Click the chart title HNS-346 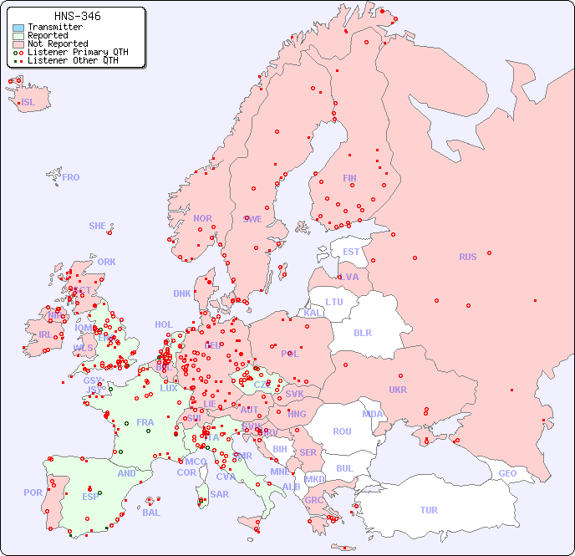tap(77, 16)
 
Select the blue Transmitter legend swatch tap(18, 28)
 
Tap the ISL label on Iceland tap(28, 103)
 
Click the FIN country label tap(349, 178)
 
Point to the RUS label tap(467, 257)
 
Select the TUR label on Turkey tap(429, 510)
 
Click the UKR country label tap(398, 390)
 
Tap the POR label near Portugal tap(33, 492)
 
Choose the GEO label tap(507, 473)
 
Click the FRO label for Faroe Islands tap(71, 177)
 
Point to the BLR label tap(362, 332)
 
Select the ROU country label tap(342, 431)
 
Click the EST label tap(351, 252)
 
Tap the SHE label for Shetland tap(98, 226)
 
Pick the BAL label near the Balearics tap(151, 513)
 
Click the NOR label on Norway tap(202, 218)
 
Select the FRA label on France tap(145, 422)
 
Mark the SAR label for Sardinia tap(220, 494)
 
